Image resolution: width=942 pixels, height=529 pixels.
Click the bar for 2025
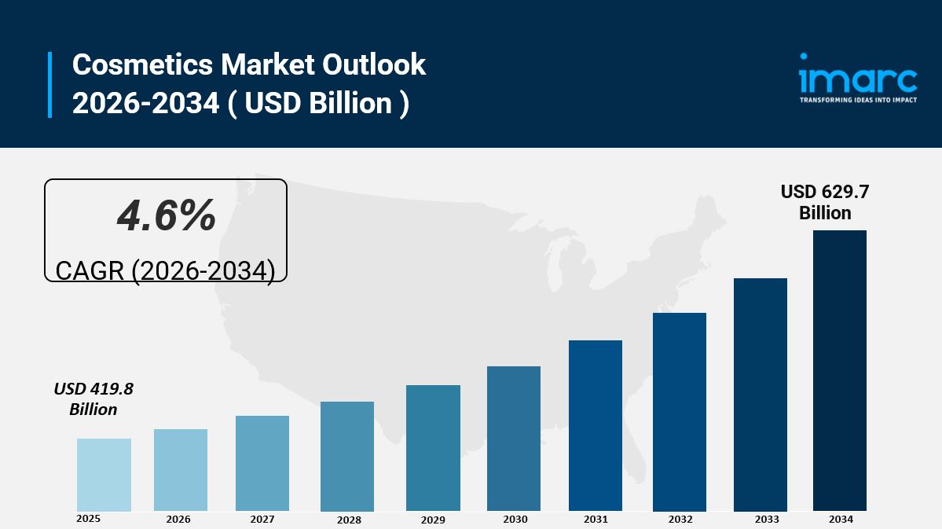click(x=104, y=475)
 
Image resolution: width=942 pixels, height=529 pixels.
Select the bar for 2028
click(x=347, y=456)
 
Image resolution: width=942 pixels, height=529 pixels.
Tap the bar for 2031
click(x=596, y=425)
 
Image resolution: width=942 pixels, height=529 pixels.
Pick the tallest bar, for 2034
click(x=840, y=370)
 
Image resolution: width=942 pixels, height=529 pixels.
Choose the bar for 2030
click(x=514, y=439)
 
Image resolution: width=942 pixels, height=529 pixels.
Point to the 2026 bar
click(x=181, y=470)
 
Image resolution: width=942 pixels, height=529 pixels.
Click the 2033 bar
click(x=761, y=395)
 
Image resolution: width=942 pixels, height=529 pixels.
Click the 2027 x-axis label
click(x=262, y=520)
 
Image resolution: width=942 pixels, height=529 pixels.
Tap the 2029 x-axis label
click(x=433, y=520)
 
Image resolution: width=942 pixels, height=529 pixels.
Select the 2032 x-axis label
click(x=680, y=520)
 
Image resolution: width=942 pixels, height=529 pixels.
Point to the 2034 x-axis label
click(x=840, y=520)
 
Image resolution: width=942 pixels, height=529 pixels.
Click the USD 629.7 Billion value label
click(x=825, y=202)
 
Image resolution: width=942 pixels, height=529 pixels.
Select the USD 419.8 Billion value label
click(x=93, y=399)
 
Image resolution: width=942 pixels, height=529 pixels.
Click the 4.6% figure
click(x=166, y=215)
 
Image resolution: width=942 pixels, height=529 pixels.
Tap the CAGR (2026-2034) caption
click(x=165, y=270)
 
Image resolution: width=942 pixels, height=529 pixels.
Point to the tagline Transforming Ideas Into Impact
click(x=858, y=101)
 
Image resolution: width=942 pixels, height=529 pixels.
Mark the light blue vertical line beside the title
click(x=49, y=85)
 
